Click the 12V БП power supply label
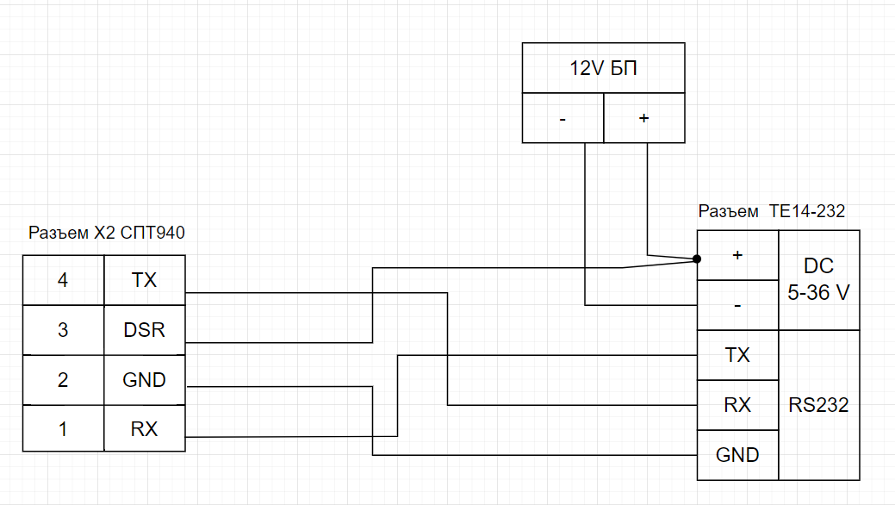pyautogui.click(x=603, y=69)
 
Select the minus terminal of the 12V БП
pyautogui.click(x=562, y=118)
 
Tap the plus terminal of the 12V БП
pyautogui.click(x=643, y=118)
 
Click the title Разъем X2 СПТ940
pyautogui.click(x=107, y=233)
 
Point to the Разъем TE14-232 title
pyautogui.click(x=772, y=211)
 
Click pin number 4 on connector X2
pyautogui.click(x=63, y=280)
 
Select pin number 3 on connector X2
pyautogui.click(x=63, y=329)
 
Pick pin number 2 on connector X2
pyautogui.click(x=63, y=379)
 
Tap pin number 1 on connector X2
pyautogui.click(x=63, y=428)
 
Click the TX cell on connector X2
pyautogui.click(x=145, y=280)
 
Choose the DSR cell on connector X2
pyautogui.click(x=145, y=329)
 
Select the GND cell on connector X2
pyautogui.click(x=145, y=379)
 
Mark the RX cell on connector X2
pyautogui.click(x=145, y=428)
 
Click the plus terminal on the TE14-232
pyautogui.click(x=737, y=255)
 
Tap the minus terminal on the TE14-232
pyautogui.click(x=737, y=305)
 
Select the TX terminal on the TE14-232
pyautogui.click(x=737, y=355)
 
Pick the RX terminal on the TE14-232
pyautogui.click(x=737, y=405)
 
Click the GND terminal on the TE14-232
pyautogui.click(x=737, y=454)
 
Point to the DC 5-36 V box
pyautogui.click(x=818, y=279)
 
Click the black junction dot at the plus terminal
pyautogui.click(x=696, y=258)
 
